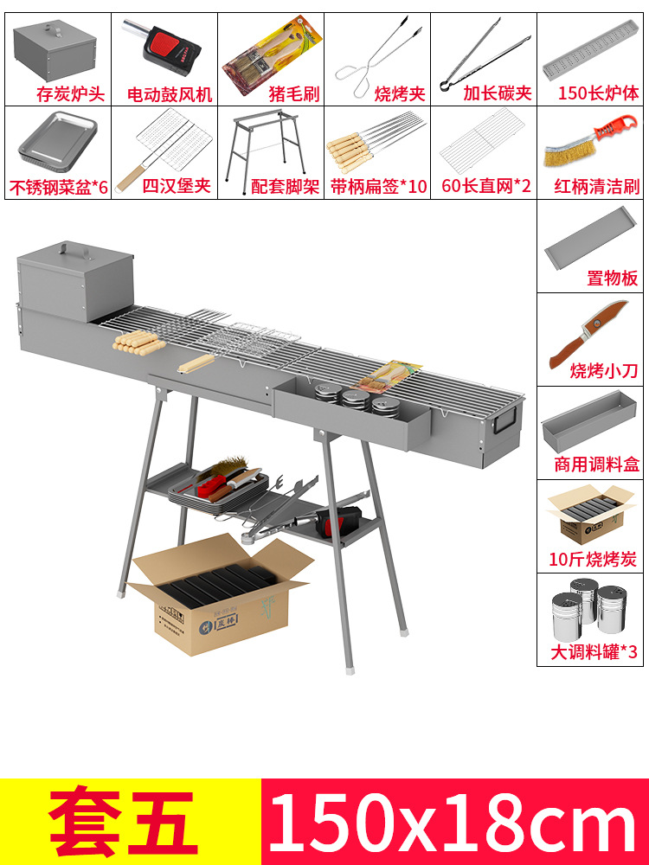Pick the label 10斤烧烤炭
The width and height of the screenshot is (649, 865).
pos(594,559)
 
